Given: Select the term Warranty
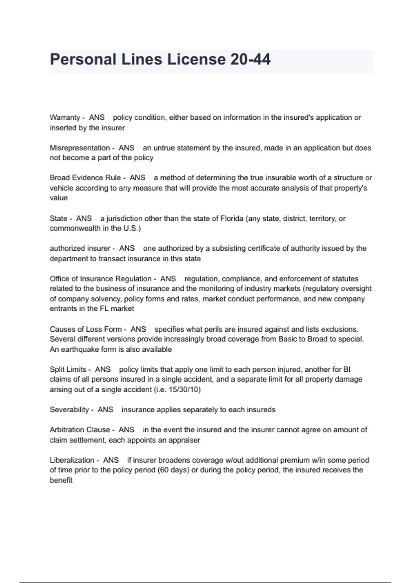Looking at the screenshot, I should tap(65, 118).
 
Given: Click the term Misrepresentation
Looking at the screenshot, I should tap(80, 148).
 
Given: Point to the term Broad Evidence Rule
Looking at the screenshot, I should tap(85, 178).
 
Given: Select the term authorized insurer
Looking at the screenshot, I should tap(80, 248).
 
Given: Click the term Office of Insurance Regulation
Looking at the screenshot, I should tap(100, 279).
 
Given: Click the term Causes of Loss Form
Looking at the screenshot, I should tap(86, 329).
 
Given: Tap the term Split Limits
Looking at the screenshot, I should tap(68, 369).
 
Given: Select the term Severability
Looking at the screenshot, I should tap(69, 410).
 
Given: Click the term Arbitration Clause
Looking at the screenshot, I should tap(80, 430).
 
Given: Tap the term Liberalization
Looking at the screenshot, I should tap(72, 460).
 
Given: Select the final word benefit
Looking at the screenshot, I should tap(61, 480).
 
